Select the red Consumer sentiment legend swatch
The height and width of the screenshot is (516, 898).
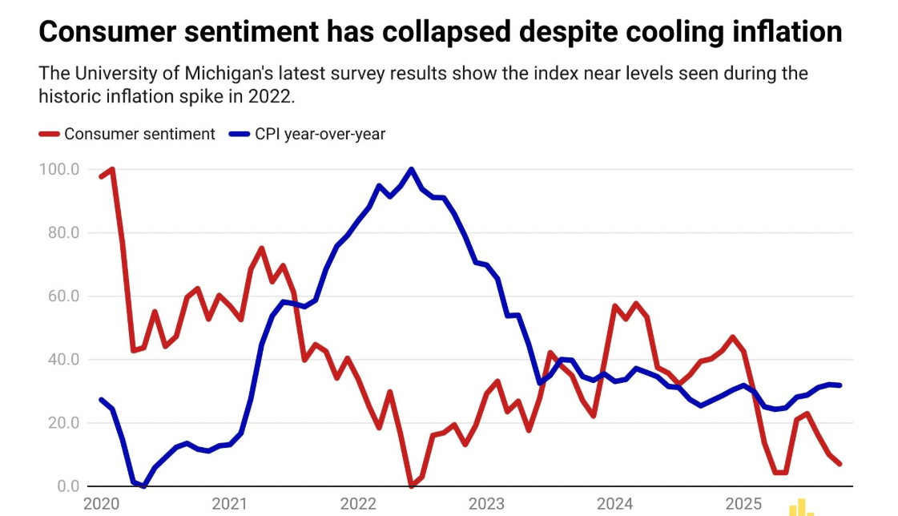(x=50, y=134)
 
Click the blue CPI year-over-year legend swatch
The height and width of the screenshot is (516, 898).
(x=240, y=134)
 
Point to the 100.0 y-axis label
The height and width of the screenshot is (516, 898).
(x=58, y=170)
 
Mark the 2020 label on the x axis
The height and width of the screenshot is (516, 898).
(x=101, y=504)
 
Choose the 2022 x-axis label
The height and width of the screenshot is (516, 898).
(x=358, y=504)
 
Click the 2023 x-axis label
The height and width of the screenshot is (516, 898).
(x=486, y=504)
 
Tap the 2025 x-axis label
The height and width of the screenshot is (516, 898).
(x=743, y=504)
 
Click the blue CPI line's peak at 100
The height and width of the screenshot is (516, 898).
(x=411, y=169)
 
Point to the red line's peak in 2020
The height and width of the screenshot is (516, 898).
(x=112, y=169)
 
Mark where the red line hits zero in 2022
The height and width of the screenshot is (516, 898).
(x=411, y=486)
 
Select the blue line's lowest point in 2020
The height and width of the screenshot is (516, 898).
(x=143, y=486)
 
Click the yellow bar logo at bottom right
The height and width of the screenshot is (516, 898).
(x=801, y=507)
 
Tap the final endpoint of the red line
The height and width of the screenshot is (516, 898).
(x=840, y=464)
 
